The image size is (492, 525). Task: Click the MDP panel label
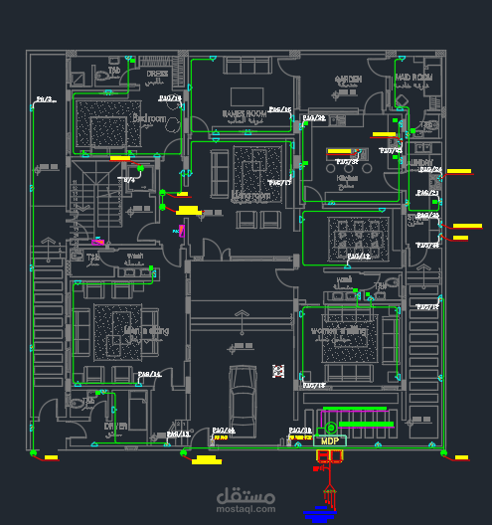point(329,439)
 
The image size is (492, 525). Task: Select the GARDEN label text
point(348,79)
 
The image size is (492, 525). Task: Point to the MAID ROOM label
point(413,77)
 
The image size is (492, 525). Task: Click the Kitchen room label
point(347,178)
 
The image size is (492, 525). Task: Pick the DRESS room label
point(157,74)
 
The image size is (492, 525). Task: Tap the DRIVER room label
point(116,427)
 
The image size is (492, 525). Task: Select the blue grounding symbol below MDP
point(319,513)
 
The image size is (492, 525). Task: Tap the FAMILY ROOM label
point(244,114)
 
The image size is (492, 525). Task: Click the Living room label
point(251,196)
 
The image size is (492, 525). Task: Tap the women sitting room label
point(339,329)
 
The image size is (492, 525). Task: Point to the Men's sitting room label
point(146,330)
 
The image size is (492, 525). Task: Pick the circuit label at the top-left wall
point(46,99)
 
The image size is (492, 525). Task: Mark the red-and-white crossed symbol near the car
point(278,371)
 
